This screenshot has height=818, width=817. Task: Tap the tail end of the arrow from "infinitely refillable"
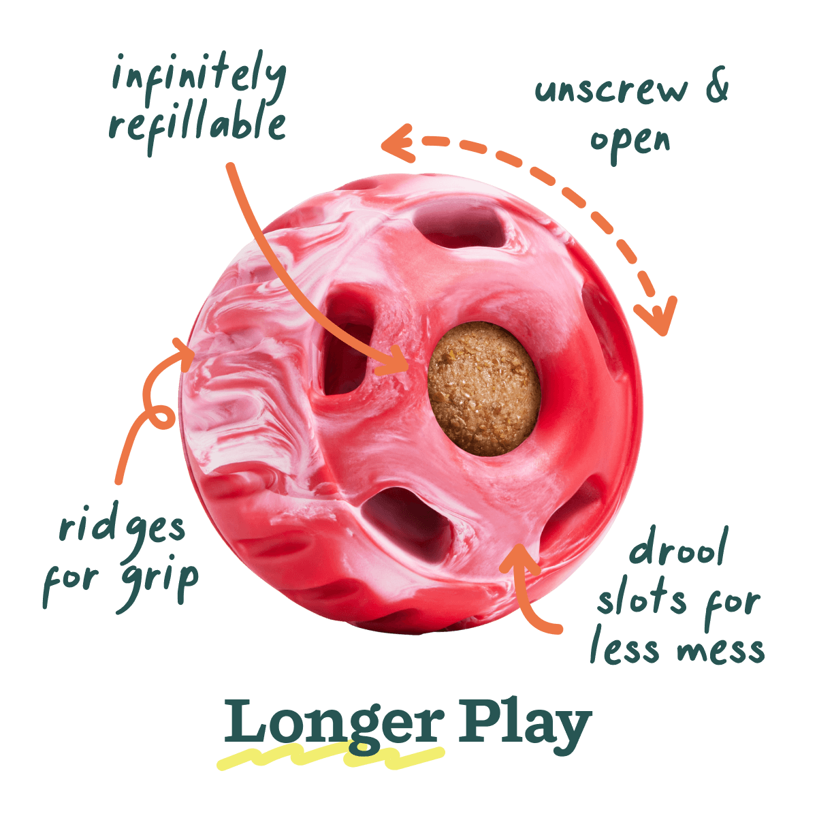coord(230,166)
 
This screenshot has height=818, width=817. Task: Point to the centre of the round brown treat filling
coord(484,389)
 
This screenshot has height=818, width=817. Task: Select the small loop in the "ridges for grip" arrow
coord(161,417)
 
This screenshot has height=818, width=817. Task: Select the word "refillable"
coord(197,125)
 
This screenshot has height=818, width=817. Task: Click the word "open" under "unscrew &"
coord(630,143)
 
